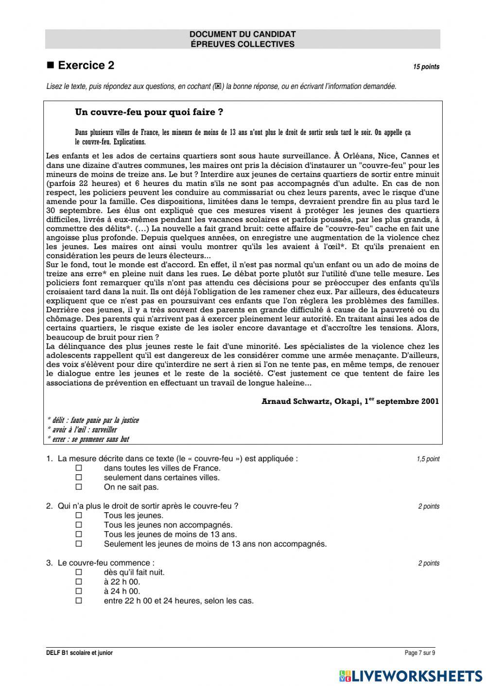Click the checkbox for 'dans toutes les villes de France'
tap(79, 468)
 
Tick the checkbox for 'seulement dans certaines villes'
tap(79, 477)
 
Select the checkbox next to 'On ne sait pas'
tap(79, 486)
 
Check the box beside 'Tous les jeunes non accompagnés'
tap(79, 525)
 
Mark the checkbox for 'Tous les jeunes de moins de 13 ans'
tap(79, 534)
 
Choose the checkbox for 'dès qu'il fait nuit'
tap(79, 572)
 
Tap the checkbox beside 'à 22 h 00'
tap(79, 582)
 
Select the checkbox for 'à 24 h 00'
tap(79, 591)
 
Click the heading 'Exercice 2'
tap(86, 66)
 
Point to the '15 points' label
tap(426, 67)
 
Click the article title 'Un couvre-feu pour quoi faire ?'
tap(149, 112)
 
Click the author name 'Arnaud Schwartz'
tap(295, 402)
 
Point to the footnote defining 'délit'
tap(92, 420)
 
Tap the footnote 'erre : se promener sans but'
tap(88, 439)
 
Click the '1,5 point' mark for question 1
tap(428, 459)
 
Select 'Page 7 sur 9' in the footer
tap(420, 653)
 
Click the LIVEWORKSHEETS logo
tap(411, 675)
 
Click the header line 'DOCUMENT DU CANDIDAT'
tap(243, 34)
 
